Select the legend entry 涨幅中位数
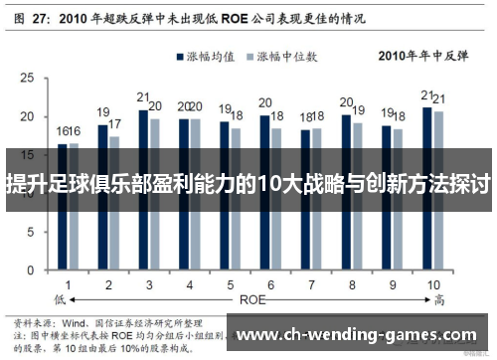(x=288, y=57)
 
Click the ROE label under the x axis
(x=252, y=297)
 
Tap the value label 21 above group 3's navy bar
(x=143, y=97)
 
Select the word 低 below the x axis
(x=59, y=298)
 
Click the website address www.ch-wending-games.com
(x=358, y=335)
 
